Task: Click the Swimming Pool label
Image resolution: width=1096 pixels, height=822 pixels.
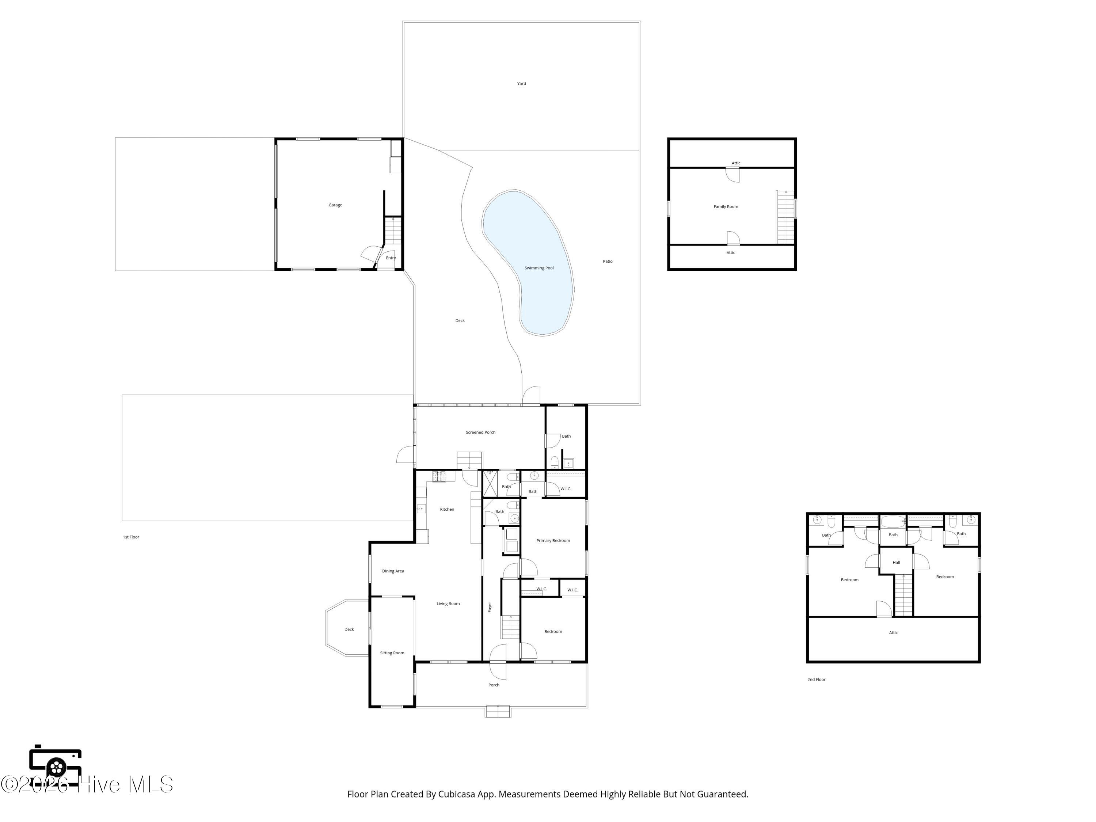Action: coord(539,268)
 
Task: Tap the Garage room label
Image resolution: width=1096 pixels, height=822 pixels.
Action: coord(335,205)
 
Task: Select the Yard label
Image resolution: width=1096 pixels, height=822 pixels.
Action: coord(522,84)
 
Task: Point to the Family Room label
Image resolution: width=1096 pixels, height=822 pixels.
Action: coord(726,207)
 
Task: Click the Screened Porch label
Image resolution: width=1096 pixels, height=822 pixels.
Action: coord(481,433)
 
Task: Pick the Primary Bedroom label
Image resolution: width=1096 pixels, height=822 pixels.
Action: coord(553,541)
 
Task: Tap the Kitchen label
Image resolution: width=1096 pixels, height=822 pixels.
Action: coord(447,509)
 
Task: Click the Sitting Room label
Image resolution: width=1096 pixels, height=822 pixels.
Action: coord(392,653)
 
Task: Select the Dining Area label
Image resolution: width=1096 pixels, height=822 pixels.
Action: coord(393,571)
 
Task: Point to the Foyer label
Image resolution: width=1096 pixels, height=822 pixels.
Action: coord(490,607)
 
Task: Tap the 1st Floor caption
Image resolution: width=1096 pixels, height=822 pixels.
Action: coord(131,537)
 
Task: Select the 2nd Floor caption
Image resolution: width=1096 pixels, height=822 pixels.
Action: coord(817,680)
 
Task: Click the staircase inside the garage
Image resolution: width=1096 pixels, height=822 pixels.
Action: coord(393,231)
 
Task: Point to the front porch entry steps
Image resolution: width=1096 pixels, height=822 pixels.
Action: coord(498,711)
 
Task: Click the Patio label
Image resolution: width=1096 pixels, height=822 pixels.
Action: coord(608,262)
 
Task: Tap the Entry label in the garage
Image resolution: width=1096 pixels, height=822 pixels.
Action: coord(391,258)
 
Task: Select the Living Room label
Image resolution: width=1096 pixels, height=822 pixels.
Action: coord(448,604)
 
